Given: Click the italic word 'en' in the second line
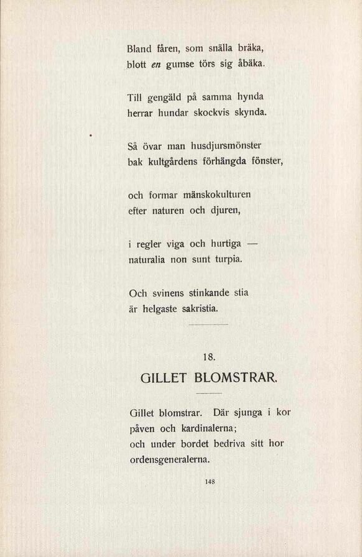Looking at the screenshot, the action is click(x=155, y=63).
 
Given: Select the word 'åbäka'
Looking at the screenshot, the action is click(x=249, y=63).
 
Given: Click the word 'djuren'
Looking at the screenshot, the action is click(x=223, y=211).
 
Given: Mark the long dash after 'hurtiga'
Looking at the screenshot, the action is click(x=249, y=244).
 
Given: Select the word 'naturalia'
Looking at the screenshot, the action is click(x=147, y=259).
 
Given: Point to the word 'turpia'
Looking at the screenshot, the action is click(x=225, y=259).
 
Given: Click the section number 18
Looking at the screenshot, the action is click(x=209, y=357).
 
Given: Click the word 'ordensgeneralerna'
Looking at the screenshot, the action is click(x=169, y=460).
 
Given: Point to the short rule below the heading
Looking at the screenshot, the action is click(x=209, y=394).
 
